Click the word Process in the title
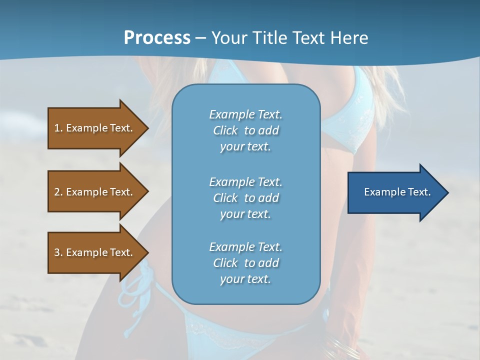pos(157,38)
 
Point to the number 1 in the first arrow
pos(57,128)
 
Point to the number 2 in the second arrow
pos(57,192)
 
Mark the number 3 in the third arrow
pos(57,252)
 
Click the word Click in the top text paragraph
pos(225,130)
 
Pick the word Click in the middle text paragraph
pos(225,198)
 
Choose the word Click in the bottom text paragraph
pos(225,263)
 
